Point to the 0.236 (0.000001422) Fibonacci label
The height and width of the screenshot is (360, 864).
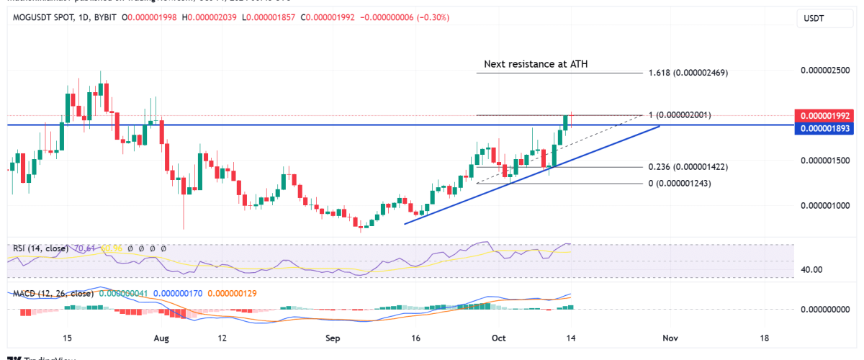[688, 167]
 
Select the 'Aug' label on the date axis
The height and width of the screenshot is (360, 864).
[161, 338]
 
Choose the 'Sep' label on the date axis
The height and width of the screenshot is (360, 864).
[332, 338]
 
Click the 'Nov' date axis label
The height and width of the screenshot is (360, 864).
[670, 338]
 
